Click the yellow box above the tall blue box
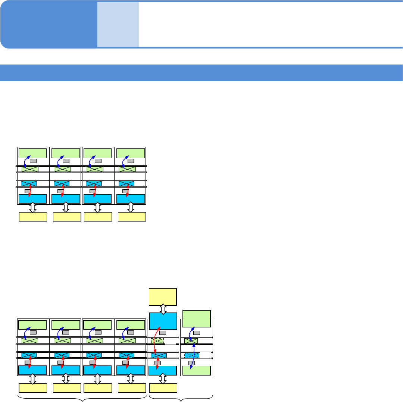tap(163, 296)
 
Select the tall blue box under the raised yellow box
tap(163, 321)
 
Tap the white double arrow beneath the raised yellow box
tap(163, 309)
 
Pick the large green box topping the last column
tap(196, 318)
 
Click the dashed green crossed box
tap(157, 340)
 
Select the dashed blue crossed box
tap(192, 355)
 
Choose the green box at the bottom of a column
tap(196, 371)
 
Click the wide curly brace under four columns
tap(82, 399)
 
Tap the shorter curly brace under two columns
tap(181, 399)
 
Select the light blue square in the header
tap(118, 25)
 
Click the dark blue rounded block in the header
tap(49, 25)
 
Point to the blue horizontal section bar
tap(201, 73)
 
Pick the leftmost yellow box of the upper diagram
tap(33, 217)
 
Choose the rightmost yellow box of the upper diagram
tap(132, 217)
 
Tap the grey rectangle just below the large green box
tap(197, 333)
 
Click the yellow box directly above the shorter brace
tap(163, 388)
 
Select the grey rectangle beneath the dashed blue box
tap(192, 363)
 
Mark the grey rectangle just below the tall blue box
tap(163, 333)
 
